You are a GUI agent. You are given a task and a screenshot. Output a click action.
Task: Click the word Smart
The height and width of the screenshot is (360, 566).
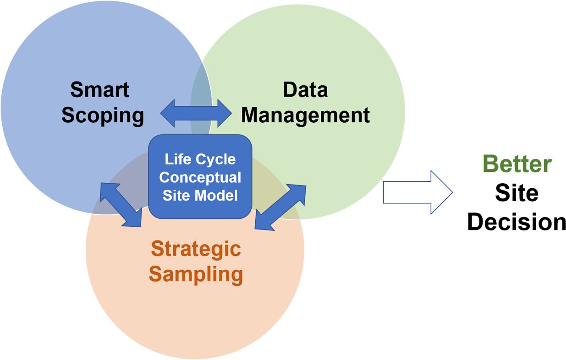tap(100, 90)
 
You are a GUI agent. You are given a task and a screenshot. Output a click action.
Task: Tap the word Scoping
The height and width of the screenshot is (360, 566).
tap(103, 115)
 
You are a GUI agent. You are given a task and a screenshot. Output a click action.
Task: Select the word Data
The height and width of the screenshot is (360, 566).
tap(305, 90)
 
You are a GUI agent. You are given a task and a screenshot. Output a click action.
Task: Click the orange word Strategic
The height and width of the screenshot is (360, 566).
tap(196, 249)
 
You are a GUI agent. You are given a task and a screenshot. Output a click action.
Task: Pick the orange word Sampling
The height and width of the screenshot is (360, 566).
tap(196, 274)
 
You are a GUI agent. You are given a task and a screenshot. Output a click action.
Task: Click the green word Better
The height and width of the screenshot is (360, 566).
tap(517, 164)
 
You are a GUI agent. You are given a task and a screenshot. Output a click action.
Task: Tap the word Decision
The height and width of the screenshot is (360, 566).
tap(517, 222)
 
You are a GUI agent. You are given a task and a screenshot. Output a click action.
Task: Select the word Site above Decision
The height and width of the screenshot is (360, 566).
tap(517, 193)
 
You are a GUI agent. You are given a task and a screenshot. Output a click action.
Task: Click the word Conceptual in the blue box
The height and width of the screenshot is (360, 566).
tap(200, 177)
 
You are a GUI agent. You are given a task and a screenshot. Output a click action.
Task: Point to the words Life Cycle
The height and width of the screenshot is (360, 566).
tap(200, 159)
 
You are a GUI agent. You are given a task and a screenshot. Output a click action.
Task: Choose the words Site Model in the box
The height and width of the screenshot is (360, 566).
tap(200, 196)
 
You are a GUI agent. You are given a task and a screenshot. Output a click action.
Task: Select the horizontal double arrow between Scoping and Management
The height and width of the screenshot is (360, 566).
tap(196, 113)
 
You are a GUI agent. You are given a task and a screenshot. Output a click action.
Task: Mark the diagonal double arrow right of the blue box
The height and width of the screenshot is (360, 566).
tap(280, 207)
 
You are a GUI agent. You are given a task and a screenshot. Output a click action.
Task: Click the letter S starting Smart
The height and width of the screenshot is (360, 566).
tap(77, 90)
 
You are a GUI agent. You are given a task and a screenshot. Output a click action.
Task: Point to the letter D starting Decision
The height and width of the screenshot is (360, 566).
tap(475, 222)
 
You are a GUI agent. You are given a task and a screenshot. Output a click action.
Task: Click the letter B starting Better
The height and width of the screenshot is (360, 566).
tap(491, 164)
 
